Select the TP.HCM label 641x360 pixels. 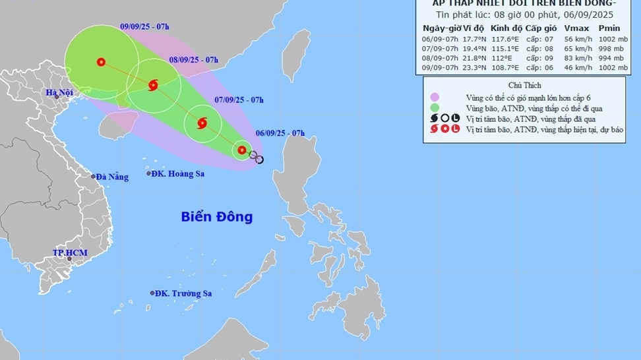tap(70, 253)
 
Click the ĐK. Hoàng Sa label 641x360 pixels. tap(177, 174)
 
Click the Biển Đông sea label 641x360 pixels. tap(217, 217)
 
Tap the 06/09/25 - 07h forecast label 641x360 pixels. tap(280, 133)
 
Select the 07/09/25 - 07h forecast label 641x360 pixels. tap(239, 100)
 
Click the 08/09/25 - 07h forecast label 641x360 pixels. tap(193, 60)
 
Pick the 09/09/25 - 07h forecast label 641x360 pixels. tap(145, 26)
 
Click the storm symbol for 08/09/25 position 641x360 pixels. tap(154, 84)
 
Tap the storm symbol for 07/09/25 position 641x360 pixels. tap(202, 123)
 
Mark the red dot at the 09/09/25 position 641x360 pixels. tap(101, 62)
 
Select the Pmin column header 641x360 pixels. tap(609, 28)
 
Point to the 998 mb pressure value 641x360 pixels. tap(612, 49)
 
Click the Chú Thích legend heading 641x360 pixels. tap(525, 85)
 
